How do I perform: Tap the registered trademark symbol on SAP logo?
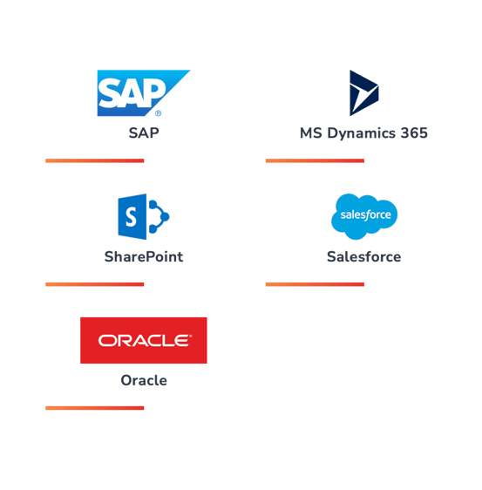pyautogui.click(x=158, y=113)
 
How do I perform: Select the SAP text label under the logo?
pyautogui.click(x=144, y=133)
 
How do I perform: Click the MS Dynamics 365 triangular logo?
pyautogui.click(x=364, y=92)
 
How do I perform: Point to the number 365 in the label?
pyautogui.click(x=414, y=133)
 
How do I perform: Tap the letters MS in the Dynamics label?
pyautogui.click(x=311, y=133)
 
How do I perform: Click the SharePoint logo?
pyautogui.click(x=144, y=216)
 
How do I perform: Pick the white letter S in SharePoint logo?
pyautogui.click(x=132, y=217)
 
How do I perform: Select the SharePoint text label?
pyautogui.click(x=144, y=256)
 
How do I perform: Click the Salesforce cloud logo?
pyautogui.click(x=364, y=216)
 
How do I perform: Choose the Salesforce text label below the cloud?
pyautogui.click(x=364, y=256)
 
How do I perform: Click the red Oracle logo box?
pyautogui.click(x=144, y=340)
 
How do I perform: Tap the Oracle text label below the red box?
pyautogui.click(x=144, y=380)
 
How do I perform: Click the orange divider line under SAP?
pyautogui.click(x=95, y=160)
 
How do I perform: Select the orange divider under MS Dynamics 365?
pyautogui.click(x=315, y=160)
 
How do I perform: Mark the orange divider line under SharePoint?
pyautogui.click(x=95, y=284)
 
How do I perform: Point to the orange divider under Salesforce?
pyautogui.click(x=315, y=284)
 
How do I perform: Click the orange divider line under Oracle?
pyautogui.click(x=95, y=408)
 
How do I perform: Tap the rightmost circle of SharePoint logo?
pyautogui.click(x=165, y=216)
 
